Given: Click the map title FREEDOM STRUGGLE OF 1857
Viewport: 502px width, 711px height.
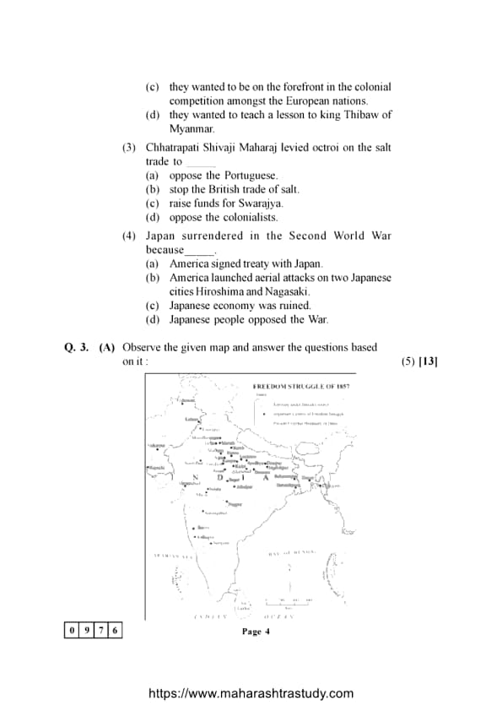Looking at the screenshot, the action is [301, 387].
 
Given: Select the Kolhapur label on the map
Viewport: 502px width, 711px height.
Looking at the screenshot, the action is [203, 536].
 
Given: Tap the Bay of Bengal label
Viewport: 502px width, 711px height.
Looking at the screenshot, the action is [291, 553].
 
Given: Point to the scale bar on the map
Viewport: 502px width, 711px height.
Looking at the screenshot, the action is [288, 600].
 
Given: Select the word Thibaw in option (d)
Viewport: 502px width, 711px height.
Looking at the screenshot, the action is [354, 115].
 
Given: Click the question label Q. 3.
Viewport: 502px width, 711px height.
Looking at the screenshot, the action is [77, 347].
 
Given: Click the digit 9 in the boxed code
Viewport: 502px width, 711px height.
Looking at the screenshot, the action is [87, 630].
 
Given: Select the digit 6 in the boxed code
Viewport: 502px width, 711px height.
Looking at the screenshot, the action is [115, 630].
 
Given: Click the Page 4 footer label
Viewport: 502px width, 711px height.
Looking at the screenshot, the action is [255, 631].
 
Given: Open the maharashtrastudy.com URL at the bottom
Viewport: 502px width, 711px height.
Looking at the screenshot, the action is [251, 693].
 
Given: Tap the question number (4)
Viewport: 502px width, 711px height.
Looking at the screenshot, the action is [129, 236].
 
